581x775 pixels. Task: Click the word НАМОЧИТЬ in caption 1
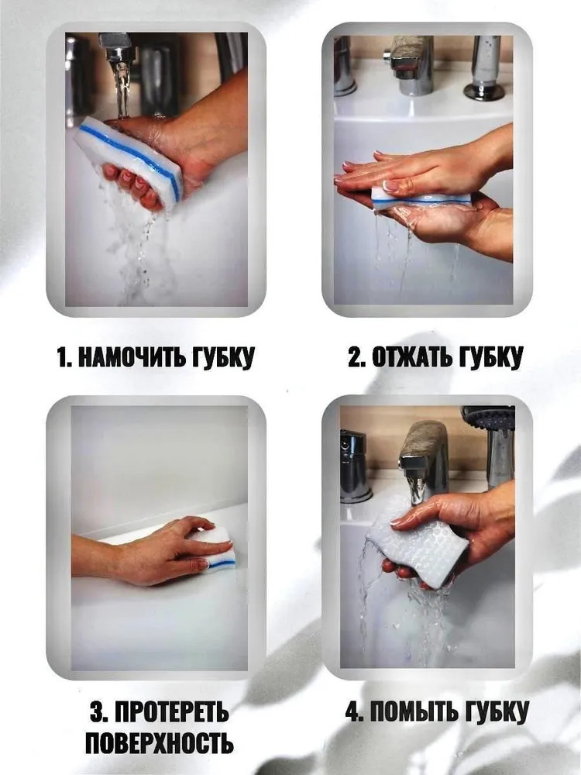pos(132,356)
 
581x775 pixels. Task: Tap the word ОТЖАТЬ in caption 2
pos(413,356)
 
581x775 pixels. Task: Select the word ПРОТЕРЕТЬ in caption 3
pos(172,712)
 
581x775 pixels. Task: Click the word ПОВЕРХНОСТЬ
pos(159,743)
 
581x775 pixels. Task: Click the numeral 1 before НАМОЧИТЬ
pos(62,357)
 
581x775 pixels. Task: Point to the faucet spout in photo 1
pos(115,47)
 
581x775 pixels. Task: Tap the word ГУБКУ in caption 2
pos(490,357)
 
